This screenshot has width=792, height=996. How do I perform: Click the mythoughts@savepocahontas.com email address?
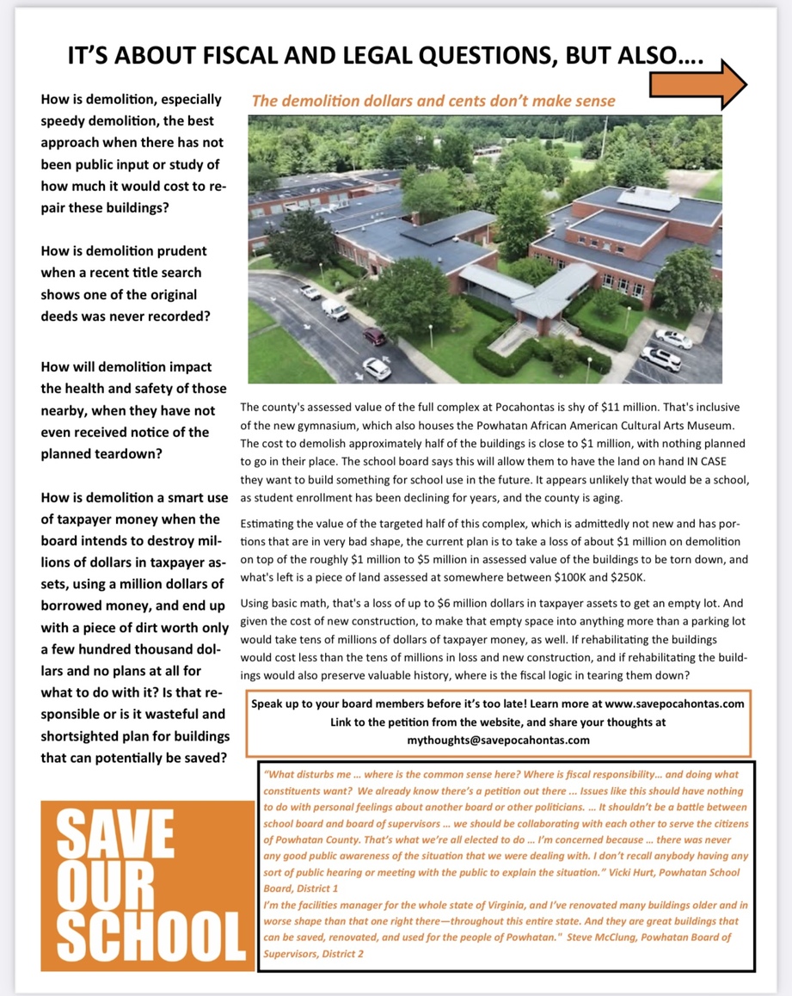(498, 740)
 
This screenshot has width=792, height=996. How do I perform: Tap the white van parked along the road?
(335, 309)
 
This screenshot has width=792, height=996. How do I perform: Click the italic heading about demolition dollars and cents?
(433, 101)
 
